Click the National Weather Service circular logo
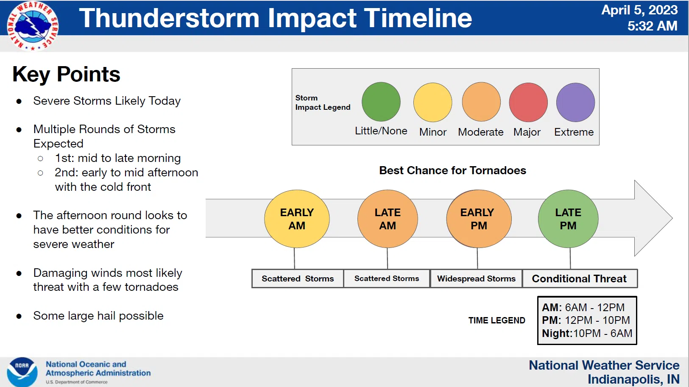33,26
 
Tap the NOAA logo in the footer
22,372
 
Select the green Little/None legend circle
381,102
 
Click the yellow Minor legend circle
432,102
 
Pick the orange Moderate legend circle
481,102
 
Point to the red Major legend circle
528,102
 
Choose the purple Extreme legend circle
575,102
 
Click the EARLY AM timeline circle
297,219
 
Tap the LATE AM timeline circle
388,219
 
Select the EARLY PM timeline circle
479,219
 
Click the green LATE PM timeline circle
568,219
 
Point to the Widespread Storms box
476,278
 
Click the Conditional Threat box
580,278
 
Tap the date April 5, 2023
639,10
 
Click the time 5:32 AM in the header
653,26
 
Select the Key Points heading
66,74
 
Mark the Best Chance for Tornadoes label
452,170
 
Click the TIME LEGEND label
497,320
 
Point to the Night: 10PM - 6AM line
587,333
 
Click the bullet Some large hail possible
98,316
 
